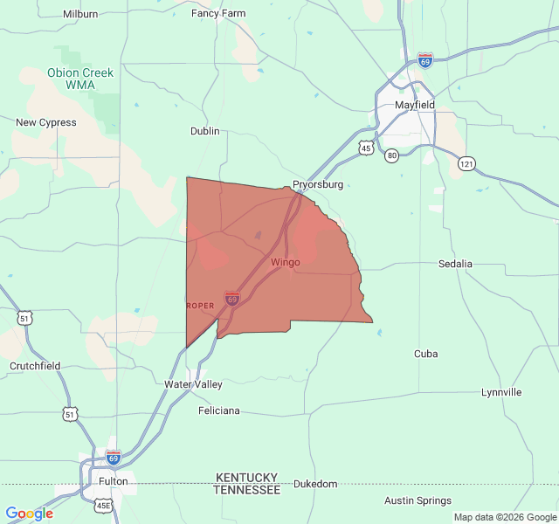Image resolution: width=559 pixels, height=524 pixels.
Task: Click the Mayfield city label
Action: coord(414,105)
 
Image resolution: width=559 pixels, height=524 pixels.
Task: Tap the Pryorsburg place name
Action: coord(318,184)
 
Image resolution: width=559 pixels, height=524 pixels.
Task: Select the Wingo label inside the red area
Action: coord(286,262)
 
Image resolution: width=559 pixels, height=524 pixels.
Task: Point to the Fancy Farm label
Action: coord(218,13)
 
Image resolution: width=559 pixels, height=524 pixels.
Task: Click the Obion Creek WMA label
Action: coord(80,79)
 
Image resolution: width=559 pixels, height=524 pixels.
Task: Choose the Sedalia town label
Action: coord(455,263)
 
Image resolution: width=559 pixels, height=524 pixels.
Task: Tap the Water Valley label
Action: coord(193,384)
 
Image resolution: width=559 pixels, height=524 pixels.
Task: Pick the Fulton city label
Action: coord(114,481)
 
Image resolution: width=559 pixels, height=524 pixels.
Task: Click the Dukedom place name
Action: coord(314,484)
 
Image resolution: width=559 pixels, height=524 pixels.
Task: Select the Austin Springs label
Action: coord(418,500)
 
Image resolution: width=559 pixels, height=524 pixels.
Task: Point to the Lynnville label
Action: coord(501,392)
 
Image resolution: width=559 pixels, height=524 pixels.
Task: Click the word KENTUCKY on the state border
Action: coord(246,478)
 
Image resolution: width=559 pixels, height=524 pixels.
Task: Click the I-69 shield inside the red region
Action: coord(231,299)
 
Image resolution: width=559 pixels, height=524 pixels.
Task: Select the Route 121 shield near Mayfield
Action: coord(467,163)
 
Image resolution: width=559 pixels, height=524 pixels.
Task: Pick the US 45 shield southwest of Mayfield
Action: coord(366,148)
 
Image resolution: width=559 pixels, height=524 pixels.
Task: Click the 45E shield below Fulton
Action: coord(103,506)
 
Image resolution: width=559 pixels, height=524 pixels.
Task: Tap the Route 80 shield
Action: coord(393,155)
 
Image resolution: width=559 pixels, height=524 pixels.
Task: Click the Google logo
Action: coord(29,514)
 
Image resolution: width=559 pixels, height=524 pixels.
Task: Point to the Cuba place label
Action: coord(426,354)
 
